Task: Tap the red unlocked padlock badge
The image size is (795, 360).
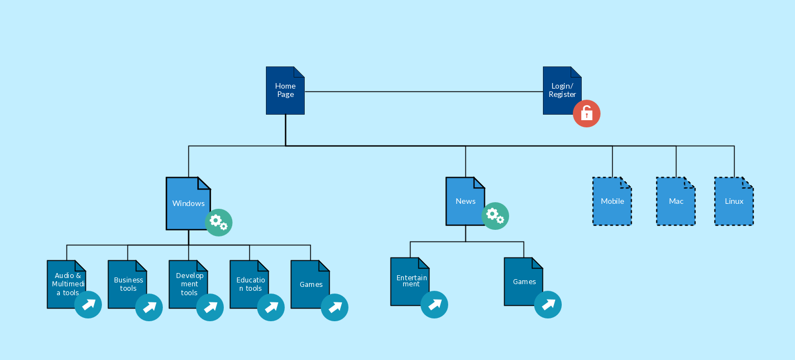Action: pyautogui.click(x=587, y=114)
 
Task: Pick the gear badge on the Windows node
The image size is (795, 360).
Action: pyautogui.click(x=219, y=223)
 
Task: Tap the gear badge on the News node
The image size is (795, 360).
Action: pyautogui.click(x=495, y=216)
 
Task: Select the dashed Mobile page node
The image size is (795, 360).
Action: pyautogui.click(x=612, y=201)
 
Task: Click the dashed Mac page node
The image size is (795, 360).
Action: pyautogui.click(x=676, y=201)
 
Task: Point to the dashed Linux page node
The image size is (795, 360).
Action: pyautogui.click(x=734, y=201)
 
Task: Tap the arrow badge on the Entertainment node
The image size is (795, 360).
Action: pyautogui.click(x=434, y=305)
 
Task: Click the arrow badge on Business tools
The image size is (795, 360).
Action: pyautogui.click(x=149, y=307)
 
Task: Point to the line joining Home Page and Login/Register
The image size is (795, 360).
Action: pyautogui.click(x=424, y=91)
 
